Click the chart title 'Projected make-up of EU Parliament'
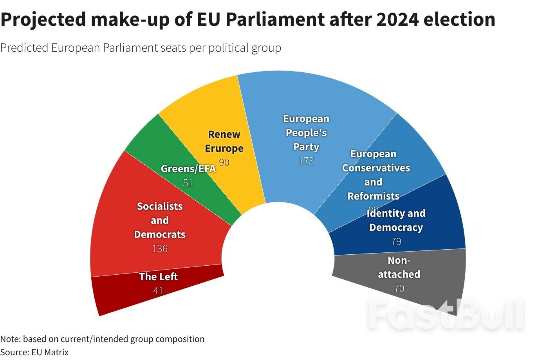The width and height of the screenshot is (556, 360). pos(247,20)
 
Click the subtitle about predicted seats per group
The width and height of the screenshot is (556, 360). pos(141,48)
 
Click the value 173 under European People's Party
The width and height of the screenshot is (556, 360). pos(306,161)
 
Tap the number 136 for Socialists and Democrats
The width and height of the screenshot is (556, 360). pos(160,248)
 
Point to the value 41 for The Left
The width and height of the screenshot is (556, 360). pos(158,291)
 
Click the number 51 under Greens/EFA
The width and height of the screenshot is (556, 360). pos(188,183)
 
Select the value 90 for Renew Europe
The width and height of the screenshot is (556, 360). pos(224,162)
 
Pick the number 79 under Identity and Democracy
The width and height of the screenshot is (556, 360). pos(396,241)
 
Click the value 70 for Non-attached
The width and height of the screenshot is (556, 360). pos(399,288)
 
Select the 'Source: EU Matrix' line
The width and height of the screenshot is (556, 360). pos(34,352)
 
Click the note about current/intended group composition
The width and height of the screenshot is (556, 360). pos(102,339)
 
